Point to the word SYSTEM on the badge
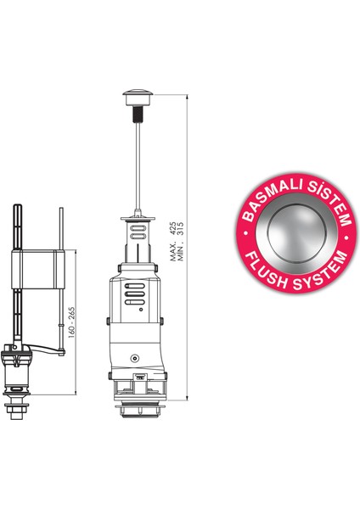pos(320,272)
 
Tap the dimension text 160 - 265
pos(71,322)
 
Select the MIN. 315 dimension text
pos(181,242)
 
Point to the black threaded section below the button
pos(138,115)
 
